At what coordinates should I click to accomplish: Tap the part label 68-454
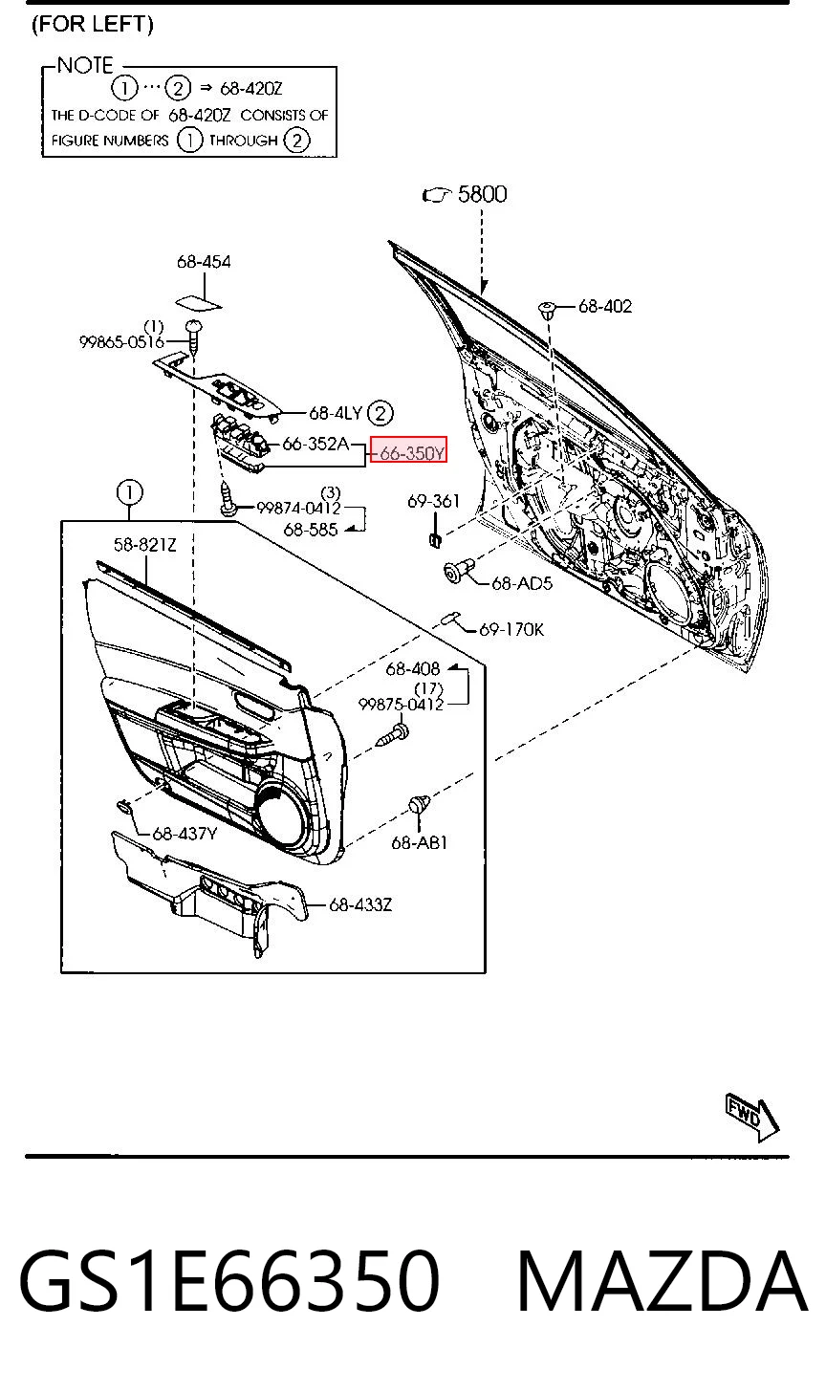204,262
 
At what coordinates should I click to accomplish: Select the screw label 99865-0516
121,342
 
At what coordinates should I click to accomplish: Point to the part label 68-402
605,306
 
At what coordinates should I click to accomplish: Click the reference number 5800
482,194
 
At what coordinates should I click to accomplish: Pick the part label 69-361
433,501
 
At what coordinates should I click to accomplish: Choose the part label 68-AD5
522,583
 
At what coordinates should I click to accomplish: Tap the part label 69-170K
511,629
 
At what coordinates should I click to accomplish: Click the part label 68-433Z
360,904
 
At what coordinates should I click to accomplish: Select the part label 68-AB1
419,842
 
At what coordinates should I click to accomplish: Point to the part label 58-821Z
144,545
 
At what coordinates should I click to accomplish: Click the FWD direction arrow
752,1118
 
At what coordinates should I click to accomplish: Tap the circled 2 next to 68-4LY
380,413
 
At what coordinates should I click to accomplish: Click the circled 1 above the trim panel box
129,492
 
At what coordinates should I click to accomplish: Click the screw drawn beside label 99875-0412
393,733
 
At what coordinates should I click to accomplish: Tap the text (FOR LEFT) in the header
93,24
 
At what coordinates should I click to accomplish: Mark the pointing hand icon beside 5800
436,195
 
